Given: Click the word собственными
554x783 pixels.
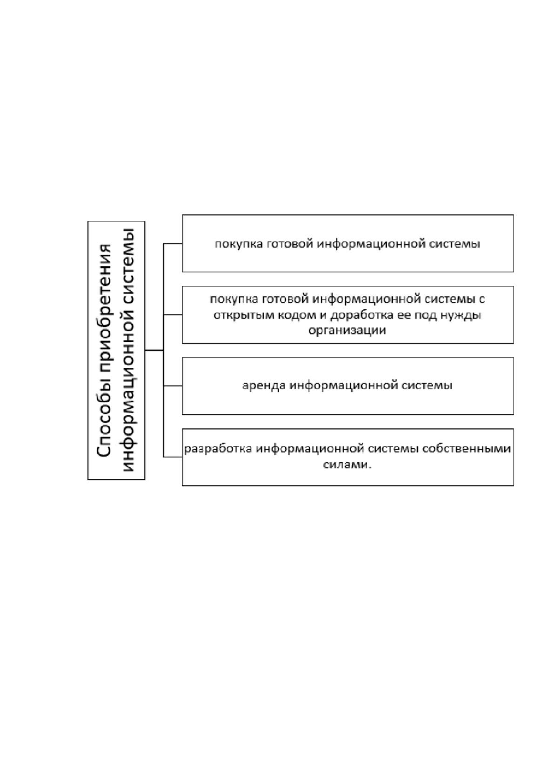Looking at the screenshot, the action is pos(467,449).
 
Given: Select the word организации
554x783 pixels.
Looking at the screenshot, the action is pos(347,331).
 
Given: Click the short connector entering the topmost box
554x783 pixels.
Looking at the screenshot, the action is pos(173,243).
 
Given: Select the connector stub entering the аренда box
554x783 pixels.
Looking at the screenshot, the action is pos(173,386).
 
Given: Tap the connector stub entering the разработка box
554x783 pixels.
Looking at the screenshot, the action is pos(173,457).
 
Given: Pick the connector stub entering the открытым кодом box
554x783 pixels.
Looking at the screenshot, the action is pos(173,315).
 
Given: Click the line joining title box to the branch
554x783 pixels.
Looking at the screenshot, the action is pos(154,350).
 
